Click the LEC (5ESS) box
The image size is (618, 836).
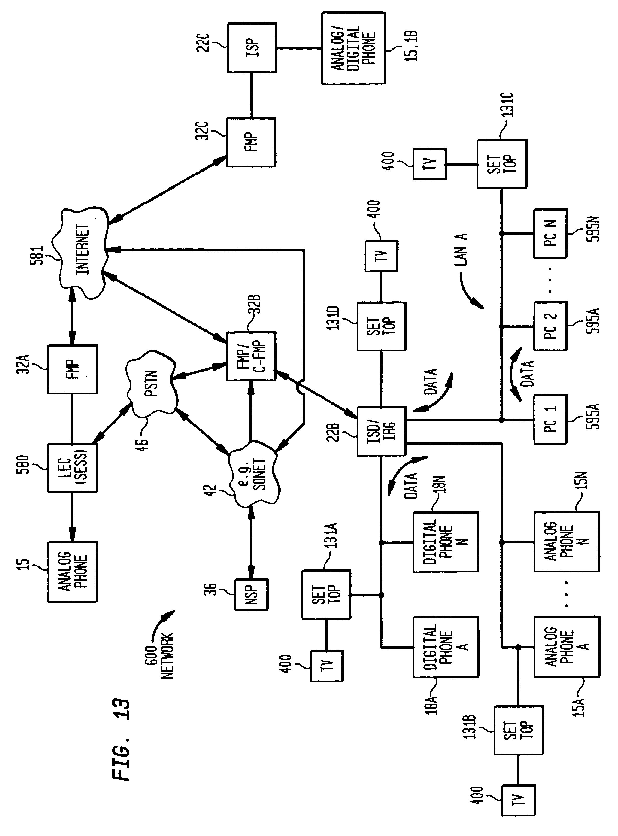72,468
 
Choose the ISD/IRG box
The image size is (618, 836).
381,431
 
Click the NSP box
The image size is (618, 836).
251,595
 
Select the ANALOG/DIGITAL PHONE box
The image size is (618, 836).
353,48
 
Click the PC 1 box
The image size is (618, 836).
550,419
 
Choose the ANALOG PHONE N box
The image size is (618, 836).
566,542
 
